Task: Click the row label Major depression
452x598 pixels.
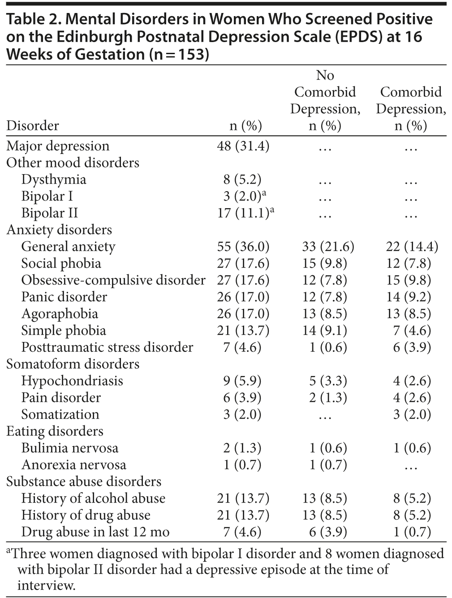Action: coord(58,146)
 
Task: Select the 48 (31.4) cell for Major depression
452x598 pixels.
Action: coord(243,146)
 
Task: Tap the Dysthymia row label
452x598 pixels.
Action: coord(54,180)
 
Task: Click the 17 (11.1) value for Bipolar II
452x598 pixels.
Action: coord(243,214)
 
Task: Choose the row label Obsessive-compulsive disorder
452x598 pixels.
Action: coord(113,281)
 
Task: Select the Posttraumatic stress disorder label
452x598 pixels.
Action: coord(107,348)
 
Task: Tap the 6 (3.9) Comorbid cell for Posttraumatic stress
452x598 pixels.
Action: coord(412,348)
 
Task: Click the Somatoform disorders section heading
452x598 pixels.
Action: coord(73,364)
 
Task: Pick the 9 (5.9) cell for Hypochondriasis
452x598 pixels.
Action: coord(243,381)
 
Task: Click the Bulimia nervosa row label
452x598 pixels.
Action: coord(70,448)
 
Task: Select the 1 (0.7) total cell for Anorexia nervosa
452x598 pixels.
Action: coord(243,465)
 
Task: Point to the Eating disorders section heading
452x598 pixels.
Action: coord(55,431)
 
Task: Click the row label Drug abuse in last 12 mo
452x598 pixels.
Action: coord(95,532)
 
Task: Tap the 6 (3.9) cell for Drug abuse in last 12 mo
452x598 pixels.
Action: coord(328,532)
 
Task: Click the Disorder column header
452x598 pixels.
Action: coord(32,126)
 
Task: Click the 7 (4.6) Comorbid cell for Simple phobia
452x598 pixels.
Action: coord(412,331)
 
